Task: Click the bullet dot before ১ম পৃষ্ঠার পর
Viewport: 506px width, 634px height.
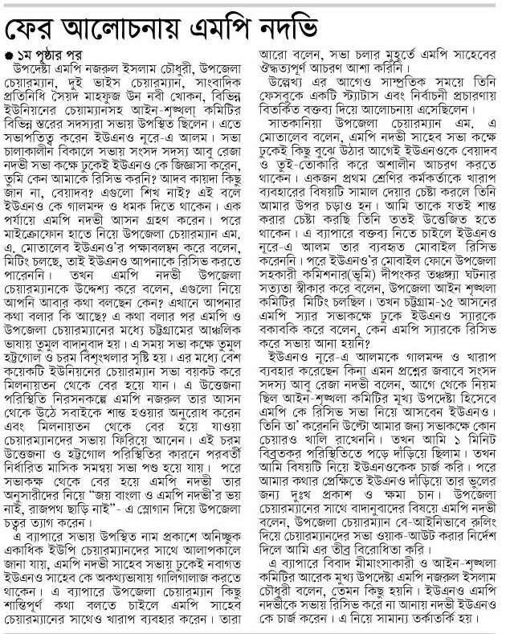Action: pyautogui.click(x=10, y=56)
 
